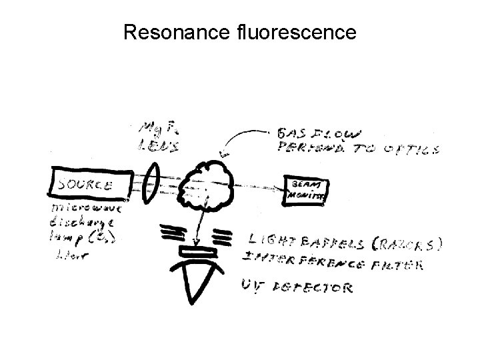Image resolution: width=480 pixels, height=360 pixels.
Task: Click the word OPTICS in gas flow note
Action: coord(413,149)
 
